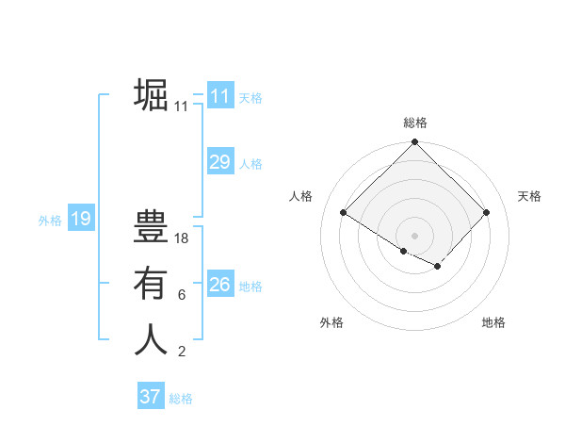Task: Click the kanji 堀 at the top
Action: (151, 94)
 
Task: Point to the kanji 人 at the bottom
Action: (151, 339)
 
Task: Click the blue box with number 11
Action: (219, 95)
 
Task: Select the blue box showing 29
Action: (219, 162)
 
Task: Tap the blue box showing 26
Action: (219, 284)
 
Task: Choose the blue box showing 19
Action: (80, 220)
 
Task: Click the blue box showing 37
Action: (150, 397)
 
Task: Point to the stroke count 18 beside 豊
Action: (182, 238)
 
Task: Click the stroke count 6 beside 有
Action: (182, 295)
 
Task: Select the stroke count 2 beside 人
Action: (182, 353)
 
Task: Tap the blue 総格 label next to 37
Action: (181, 399)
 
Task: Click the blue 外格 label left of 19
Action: (50, 221)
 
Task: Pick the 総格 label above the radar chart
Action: (415, 123)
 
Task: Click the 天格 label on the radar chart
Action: (529, 196)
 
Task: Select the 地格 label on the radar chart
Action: (493, 322)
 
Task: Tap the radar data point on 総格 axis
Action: (414, 142)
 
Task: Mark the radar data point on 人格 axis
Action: (344, 213)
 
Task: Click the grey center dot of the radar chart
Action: (414, 235)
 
